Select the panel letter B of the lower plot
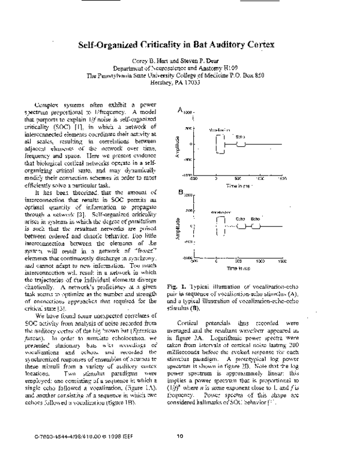180,191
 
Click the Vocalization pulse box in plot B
220,226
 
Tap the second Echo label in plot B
255,218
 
